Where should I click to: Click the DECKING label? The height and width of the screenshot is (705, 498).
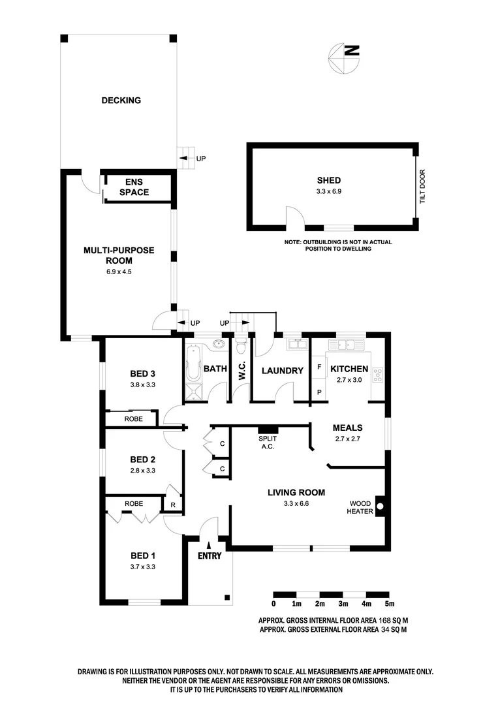pyautogui.click(x=121, y=101)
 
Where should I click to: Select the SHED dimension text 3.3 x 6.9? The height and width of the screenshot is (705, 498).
pyautogui.click(x=329, y=192)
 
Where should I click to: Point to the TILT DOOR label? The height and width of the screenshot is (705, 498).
pyautogui.click(x=422, y=187)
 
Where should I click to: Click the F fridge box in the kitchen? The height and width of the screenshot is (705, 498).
pyautogui.click(x=319, y=368)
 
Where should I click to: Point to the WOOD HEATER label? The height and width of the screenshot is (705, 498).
pyautogui.click(x=361, y=507)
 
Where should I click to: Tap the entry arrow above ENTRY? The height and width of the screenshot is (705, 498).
pyautogui.click(x=209, y=544)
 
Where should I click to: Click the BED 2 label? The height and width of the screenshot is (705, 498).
pyautogui.click(x=142, y=458)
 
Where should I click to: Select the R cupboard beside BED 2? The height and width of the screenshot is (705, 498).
pyautogui.click(x=173, y=505)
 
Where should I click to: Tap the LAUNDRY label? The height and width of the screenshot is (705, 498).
pyautogui.click(x=283, y=371)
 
